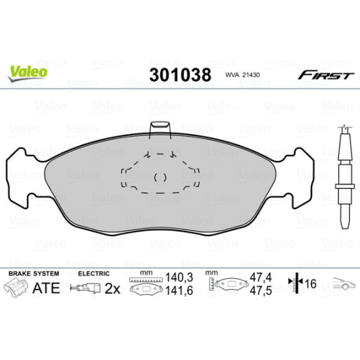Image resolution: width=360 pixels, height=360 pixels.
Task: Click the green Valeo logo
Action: click(28, 70)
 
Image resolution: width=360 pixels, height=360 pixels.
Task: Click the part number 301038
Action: click(179, 73)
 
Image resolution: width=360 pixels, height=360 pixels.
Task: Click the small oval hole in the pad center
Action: click(160, 177)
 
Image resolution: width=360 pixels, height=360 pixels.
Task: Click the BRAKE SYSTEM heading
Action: click(33, 273)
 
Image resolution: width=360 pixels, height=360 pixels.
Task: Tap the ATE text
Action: click(47, 288)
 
